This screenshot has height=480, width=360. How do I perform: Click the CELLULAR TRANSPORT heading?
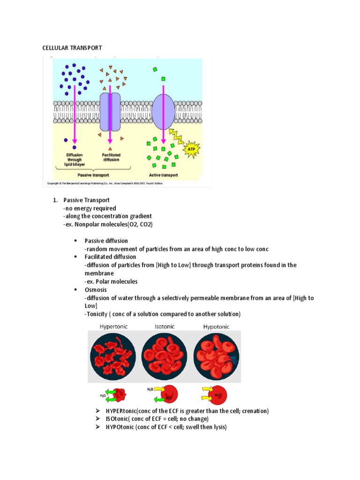72,48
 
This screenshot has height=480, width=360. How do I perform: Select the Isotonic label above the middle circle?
165,326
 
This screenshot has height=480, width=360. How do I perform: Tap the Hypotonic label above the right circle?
216,326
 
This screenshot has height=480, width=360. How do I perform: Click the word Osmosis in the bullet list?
96,290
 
